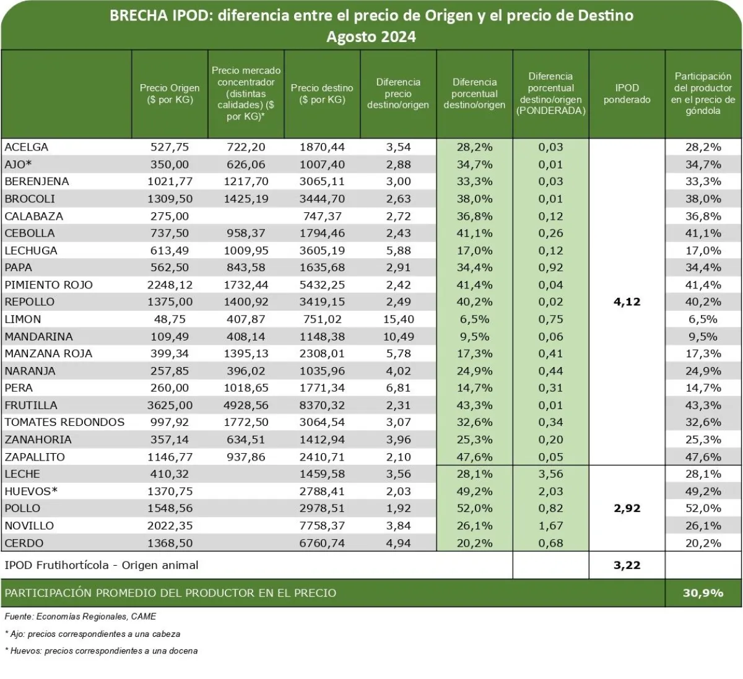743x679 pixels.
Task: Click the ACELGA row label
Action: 26,147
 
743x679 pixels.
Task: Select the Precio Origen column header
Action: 170,94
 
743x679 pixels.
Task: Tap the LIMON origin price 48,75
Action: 170,319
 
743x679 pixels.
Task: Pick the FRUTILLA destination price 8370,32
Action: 322,405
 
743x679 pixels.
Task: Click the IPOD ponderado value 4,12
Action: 627,302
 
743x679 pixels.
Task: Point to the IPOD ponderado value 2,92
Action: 627,509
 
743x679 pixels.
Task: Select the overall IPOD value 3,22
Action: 627,565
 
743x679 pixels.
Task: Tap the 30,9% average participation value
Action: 703,593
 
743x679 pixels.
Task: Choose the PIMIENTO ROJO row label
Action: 48,285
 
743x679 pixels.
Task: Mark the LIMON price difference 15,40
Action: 398,319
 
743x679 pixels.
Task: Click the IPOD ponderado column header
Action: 627,94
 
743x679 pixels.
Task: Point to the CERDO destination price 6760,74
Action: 322,543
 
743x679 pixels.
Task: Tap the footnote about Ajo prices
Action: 92,634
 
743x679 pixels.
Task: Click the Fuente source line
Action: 80,616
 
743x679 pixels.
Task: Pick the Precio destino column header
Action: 322,94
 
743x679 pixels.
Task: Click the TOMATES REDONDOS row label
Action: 64,423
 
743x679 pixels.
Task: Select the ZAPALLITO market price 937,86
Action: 246,457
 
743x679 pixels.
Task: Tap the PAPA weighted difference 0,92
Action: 550,268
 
